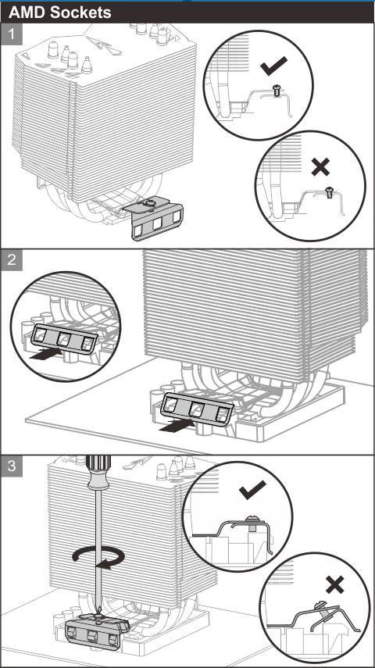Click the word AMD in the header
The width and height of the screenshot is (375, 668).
pyautogui.click(x=27, y=13)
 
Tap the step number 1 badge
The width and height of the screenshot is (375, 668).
pyautogui.click(x=12, y=34)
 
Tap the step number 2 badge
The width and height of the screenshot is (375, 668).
pyautogui.click(x=12, y=260)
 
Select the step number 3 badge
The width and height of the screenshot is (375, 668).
pyautogui.click(x=12, y=466)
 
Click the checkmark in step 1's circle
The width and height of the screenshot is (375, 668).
pyautogui.click(x=273, y=66)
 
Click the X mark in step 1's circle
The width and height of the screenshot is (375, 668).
pyautogui.click(x=320, y=166)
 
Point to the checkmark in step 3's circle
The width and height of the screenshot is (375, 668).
pyautogui.click(x=252, y=490)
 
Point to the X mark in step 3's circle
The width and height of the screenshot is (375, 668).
pyautogui.click(x=335, y=584)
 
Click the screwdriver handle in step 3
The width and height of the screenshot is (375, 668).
pyautogui.click(x=98, y=472)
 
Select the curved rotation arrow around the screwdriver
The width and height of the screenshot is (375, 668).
pyautogui.click(x=98, y=556)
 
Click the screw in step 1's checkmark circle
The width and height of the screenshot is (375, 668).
pyautogui.click(x=276, y=91)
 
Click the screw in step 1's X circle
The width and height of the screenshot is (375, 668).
pyautogui.click(x=329, y=191)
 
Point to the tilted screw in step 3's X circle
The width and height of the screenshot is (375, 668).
pyautogui.click(x=320, y=609)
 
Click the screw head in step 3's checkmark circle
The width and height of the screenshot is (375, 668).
pyautogui.click(x=251, y=519)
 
